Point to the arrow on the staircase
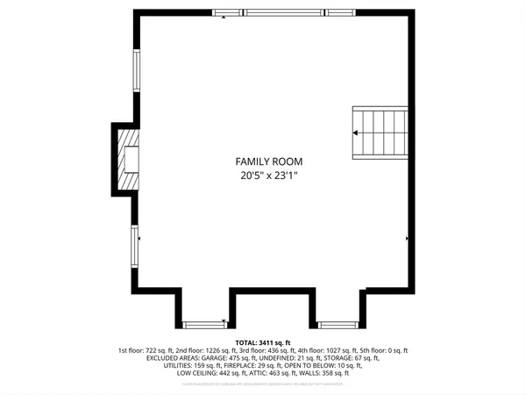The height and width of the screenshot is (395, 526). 356,133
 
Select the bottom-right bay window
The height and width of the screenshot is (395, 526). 336,323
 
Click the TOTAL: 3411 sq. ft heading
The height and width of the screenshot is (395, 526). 262,342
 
